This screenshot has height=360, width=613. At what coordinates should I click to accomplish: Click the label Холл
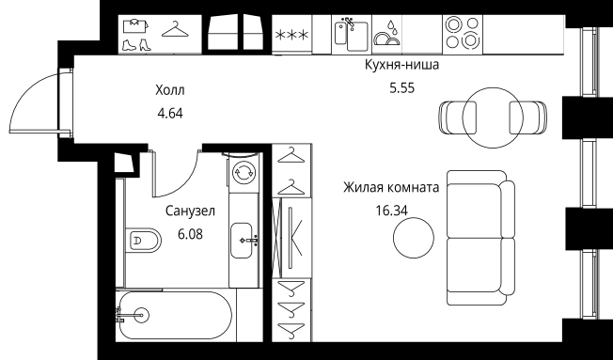coord(170,91)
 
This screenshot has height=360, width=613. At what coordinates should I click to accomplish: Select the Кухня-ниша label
coord(401,66)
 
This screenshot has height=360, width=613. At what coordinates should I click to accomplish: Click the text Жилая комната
coord(391,187)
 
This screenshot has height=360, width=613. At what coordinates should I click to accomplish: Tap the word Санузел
coord(191,212)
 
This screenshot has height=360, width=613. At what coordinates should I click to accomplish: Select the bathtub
coord(174,317)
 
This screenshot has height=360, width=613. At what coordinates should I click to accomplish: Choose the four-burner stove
coord(464,34)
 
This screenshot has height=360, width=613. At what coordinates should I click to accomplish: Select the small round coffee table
coord(414,239)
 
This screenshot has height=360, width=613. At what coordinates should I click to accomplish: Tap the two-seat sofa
coord(479,238)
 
